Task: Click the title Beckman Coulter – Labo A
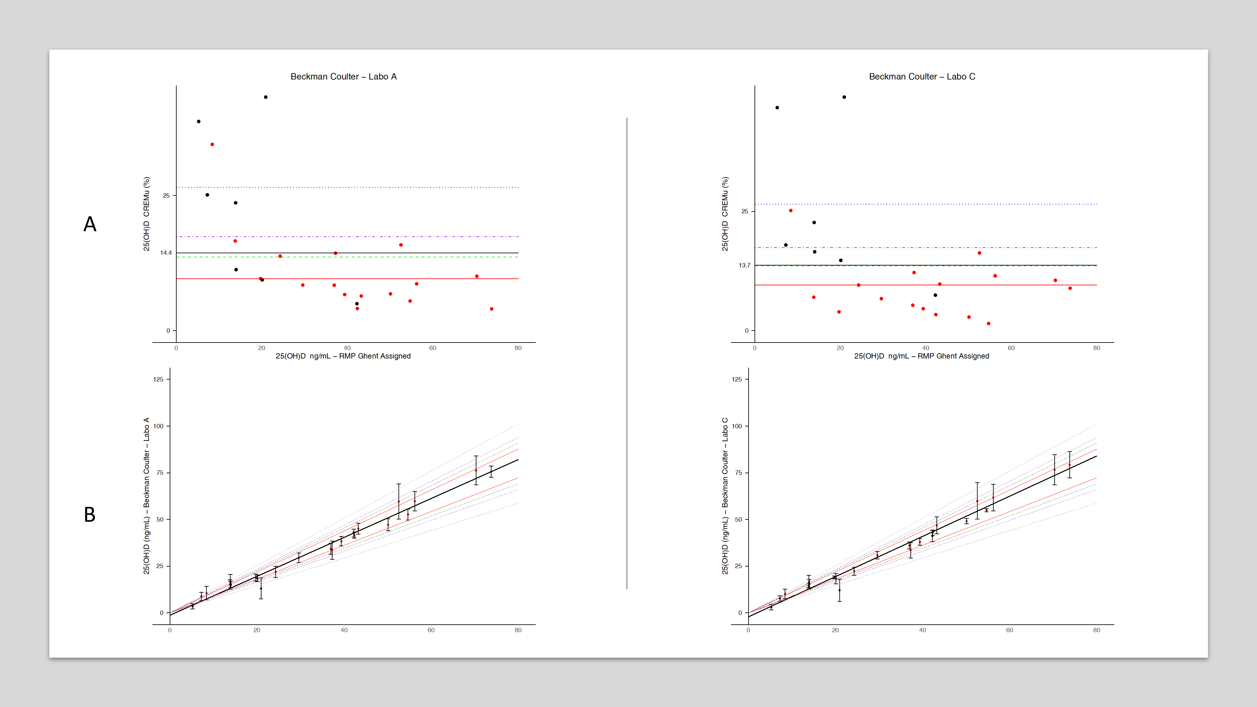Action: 343,77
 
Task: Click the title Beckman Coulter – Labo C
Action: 922,77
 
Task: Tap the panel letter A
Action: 90,224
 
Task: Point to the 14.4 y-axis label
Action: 166,253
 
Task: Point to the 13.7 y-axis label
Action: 744,266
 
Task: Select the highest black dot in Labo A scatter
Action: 266,97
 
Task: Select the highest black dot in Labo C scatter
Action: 844,97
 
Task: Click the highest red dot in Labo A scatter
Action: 212,145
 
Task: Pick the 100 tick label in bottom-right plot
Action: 737,426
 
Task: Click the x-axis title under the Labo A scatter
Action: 343,356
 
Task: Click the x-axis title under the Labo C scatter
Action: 921,356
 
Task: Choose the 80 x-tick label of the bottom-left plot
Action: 518,630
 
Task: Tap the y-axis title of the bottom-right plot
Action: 725,496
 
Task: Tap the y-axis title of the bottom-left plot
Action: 146,496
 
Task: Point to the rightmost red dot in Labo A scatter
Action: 491,309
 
